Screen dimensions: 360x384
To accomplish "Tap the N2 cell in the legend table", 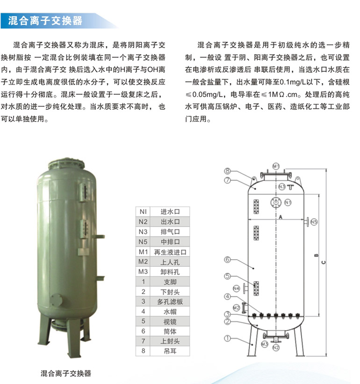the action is tap(143, 221).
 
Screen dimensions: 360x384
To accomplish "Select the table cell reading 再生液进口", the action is tap(170, 252).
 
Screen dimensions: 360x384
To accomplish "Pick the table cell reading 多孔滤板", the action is tap(170, 302).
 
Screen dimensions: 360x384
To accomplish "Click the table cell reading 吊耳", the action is tap(170, 351).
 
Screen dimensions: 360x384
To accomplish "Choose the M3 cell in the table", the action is tap(143, 271).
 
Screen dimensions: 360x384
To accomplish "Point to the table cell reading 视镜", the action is tap(170, 321).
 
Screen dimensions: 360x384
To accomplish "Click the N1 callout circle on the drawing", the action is tap(288, 203).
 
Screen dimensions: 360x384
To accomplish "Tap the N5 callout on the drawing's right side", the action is tap(314, 222).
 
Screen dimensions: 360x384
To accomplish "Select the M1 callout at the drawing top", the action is tap(276, 166).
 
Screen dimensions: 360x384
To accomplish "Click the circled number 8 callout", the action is tap(227, 171).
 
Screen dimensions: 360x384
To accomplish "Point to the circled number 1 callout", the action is tap(227, 338).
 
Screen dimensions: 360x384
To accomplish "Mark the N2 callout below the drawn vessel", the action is tap(276, 347).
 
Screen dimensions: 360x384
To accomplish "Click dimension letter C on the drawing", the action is tap(324, 262).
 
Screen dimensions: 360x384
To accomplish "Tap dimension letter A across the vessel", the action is tap(281, 217).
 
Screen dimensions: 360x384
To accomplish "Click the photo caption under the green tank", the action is tap(65, 373).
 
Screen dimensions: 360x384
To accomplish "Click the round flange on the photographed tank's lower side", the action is tap(57, 300).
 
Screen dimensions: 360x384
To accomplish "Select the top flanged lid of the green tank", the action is tap(66, 164).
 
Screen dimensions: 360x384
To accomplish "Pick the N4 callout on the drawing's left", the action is tap(236, 289).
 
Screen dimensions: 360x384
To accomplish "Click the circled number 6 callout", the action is tap(227, 259).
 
